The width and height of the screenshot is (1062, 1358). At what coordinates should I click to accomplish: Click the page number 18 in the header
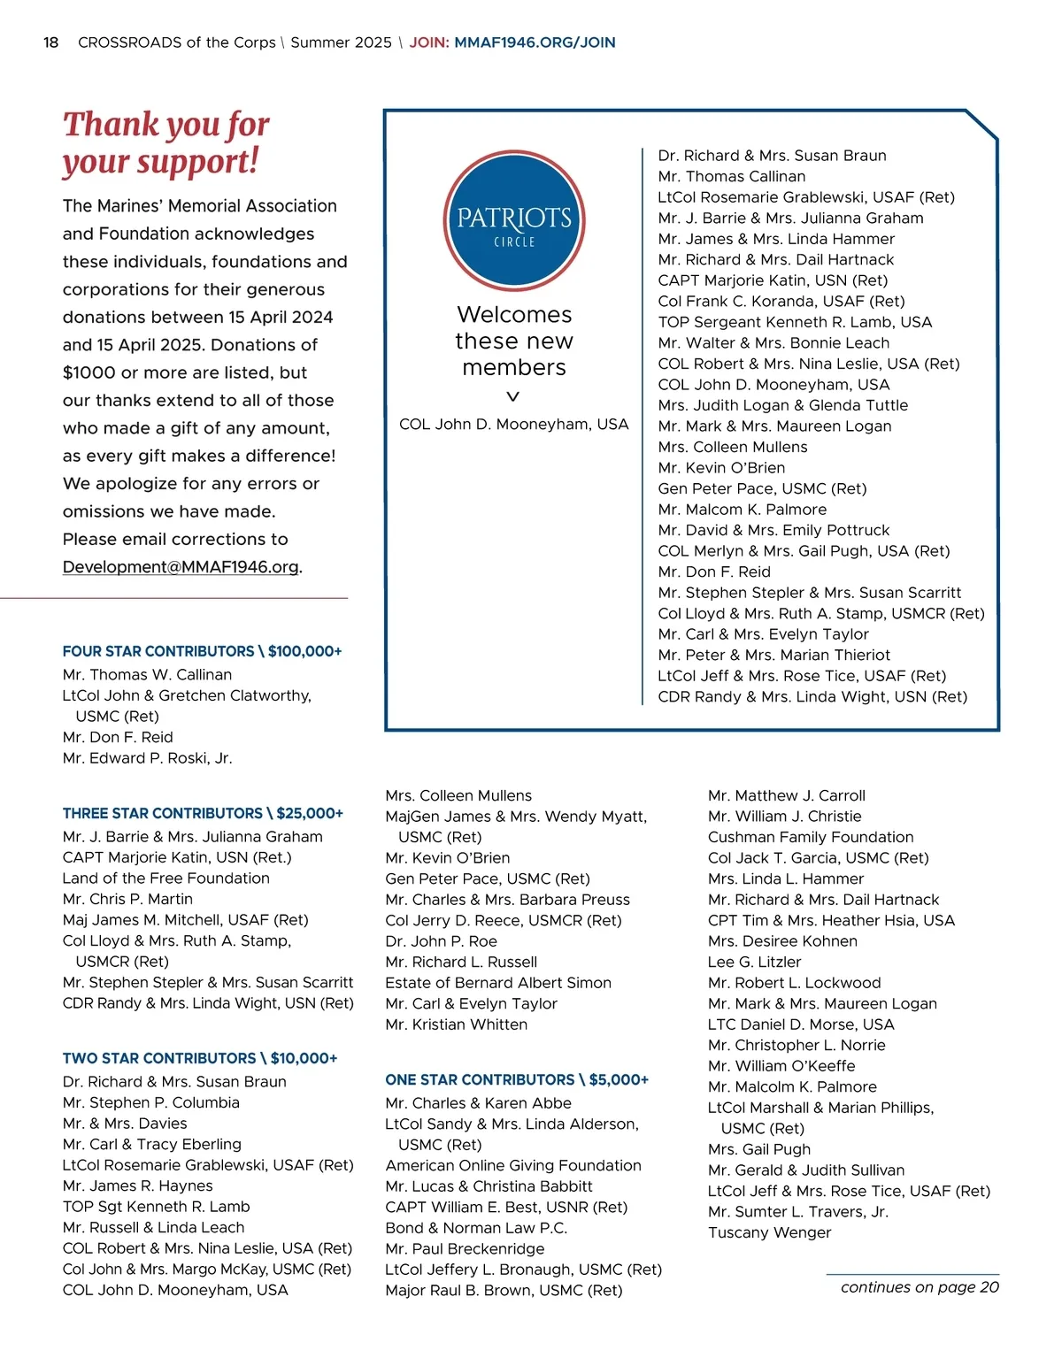51,42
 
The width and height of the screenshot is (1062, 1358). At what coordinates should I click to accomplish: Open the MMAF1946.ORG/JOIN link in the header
535,42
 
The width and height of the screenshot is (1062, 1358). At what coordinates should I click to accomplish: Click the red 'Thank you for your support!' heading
165,142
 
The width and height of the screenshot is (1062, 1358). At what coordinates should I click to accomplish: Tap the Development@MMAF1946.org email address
181,567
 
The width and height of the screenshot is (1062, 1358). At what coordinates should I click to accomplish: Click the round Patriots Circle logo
514,221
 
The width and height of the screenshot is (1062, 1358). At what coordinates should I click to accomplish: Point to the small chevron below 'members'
513,396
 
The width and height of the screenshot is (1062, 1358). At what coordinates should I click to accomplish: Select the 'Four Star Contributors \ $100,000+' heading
202,651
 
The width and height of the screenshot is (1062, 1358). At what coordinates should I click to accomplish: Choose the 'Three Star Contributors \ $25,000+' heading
203,813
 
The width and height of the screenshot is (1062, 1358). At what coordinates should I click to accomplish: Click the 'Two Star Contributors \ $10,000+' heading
200,1058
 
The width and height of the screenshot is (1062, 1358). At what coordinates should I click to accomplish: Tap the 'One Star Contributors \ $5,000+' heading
517,1079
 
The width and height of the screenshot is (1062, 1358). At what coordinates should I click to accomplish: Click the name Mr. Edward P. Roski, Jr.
147,758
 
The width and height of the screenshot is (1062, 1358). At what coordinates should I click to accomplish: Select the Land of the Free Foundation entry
166,878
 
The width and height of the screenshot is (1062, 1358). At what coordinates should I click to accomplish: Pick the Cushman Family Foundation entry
811,837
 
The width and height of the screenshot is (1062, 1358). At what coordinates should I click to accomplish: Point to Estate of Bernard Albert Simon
498,983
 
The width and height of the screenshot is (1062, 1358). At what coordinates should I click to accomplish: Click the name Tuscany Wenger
770,1232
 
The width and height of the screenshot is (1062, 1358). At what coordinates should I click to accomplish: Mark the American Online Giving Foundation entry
513,1166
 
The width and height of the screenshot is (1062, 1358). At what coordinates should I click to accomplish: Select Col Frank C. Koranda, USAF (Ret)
781,302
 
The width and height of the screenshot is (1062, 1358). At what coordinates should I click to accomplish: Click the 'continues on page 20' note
920,1287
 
